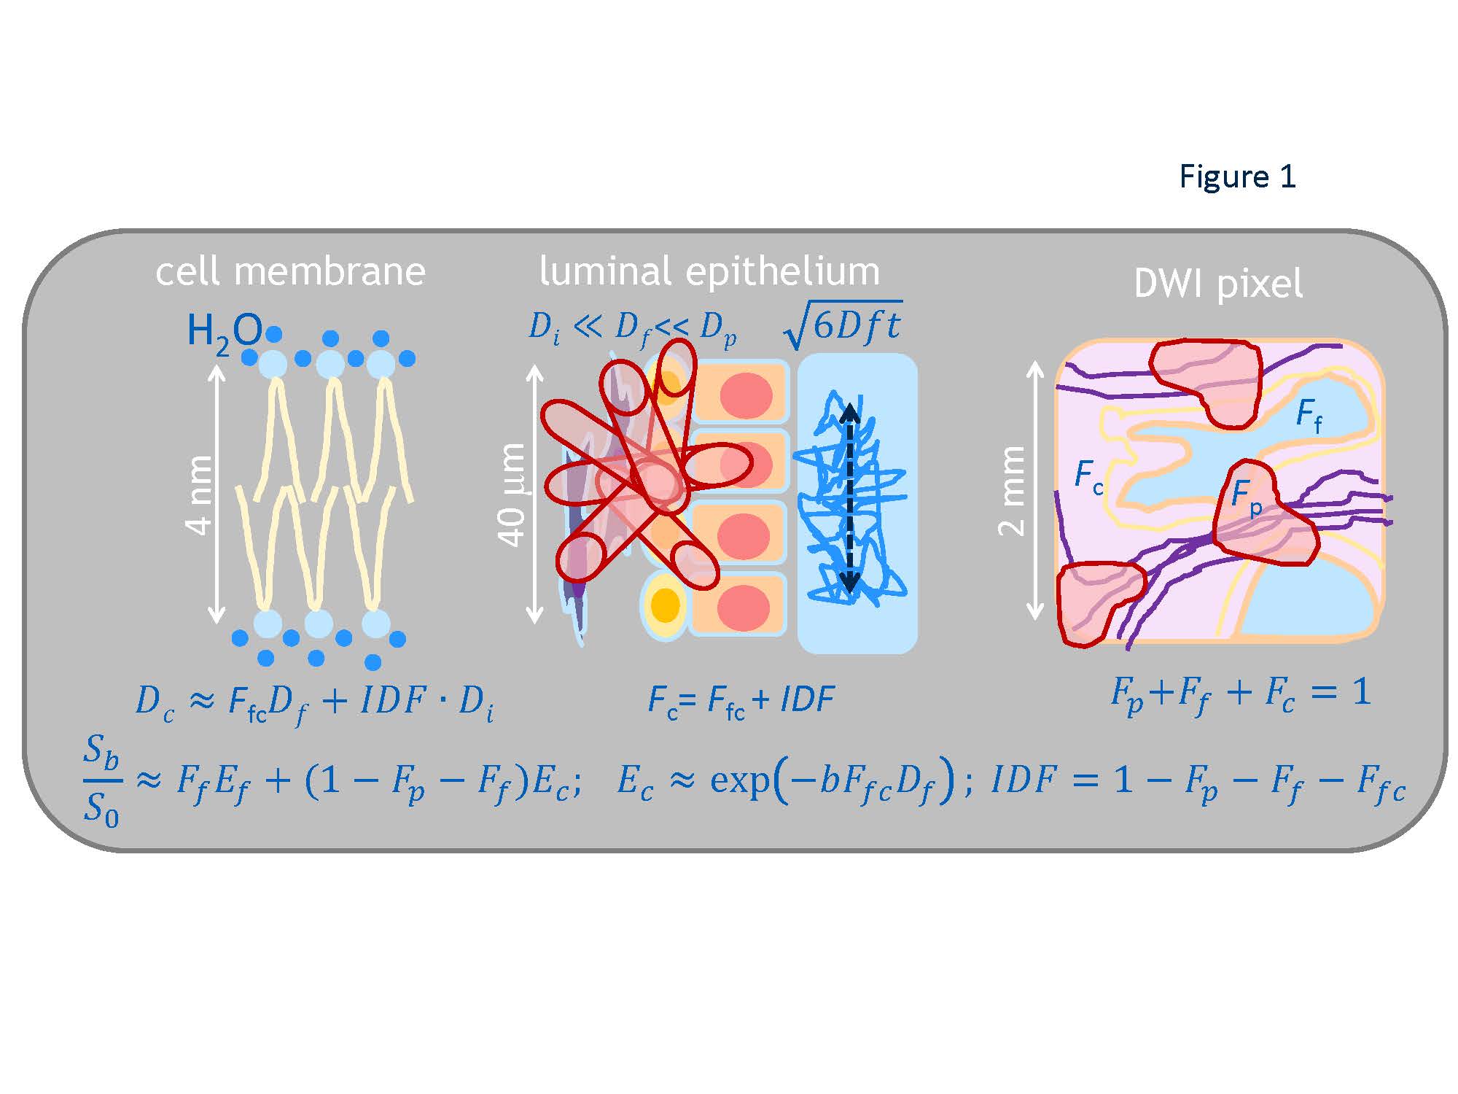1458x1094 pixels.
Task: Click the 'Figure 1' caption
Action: click(1237, 176)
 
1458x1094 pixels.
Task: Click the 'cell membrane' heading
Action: click(290, 271)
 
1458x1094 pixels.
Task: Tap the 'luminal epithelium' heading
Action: click(709, 271)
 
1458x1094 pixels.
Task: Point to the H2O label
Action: click(223, 332)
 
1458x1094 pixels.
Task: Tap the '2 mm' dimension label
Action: click(1012, 491)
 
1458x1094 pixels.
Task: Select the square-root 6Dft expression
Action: click(843, 326)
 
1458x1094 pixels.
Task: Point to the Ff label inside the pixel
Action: click(1309, 416)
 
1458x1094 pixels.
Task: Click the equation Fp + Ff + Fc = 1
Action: click(1240, 694)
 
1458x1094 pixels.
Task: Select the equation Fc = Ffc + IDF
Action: click(741, 701)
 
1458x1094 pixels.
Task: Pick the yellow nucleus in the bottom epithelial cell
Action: click(665, 605)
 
